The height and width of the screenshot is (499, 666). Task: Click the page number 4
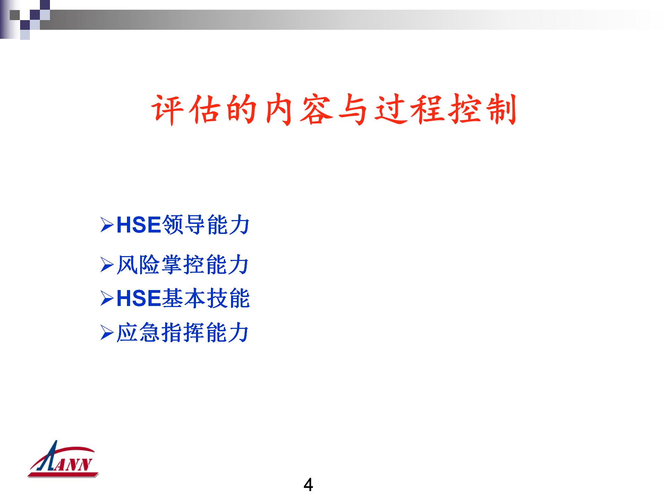308,484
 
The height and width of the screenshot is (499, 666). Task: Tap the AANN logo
63,459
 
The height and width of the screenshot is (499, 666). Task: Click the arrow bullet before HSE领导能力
107,225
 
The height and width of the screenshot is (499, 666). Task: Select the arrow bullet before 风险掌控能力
107,265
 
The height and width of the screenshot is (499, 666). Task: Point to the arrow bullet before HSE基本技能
107,298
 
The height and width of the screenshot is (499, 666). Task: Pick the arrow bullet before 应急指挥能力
107,333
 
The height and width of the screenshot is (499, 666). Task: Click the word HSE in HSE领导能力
139,225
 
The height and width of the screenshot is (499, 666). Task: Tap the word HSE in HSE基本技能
139,298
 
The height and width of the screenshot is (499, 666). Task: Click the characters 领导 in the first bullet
184,225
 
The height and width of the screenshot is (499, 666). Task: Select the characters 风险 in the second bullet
138,265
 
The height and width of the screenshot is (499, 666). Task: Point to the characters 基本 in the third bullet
184,298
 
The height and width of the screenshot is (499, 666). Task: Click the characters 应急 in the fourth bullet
138,333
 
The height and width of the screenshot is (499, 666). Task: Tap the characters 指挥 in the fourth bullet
183,333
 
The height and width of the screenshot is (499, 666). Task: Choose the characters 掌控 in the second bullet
183,265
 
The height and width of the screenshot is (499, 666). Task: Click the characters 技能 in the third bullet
228,298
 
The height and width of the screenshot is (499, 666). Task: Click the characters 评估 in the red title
187,110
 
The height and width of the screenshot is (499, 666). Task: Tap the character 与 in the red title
353,110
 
